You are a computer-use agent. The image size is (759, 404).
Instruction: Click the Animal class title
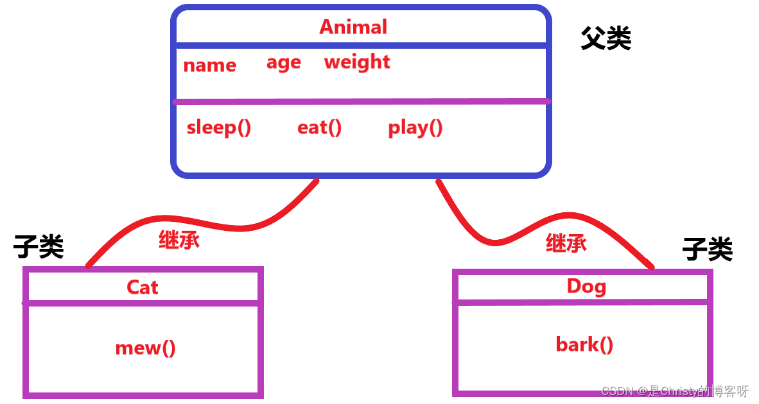(353, 27)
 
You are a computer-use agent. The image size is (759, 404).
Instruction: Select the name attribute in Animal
(209, 65)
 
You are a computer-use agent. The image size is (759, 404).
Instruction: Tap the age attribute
(283, 63)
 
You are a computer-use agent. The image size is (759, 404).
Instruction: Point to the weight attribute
(357, 62)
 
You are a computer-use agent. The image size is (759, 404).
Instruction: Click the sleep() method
(218, 128)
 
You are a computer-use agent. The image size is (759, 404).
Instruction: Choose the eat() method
(319, 128)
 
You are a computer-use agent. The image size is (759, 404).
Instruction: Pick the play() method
(415, 128)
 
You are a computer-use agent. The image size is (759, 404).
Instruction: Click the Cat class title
(142, 287)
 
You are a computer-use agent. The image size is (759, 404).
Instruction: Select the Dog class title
(586, 286)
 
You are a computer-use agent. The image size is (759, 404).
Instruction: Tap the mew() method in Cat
(145, 348)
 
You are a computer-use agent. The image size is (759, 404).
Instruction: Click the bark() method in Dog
(584, 345)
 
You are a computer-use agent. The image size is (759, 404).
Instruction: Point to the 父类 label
(606, 39)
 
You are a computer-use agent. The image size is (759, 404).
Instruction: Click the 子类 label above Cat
(39, 246)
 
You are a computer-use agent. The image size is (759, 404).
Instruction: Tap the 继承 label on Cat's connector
(179, 240)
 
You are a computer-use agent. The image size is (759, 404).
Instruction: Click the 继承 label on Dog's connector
(566, 243)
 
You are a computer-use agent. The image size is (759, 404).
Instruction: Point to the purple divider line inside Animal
(360, 101)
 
